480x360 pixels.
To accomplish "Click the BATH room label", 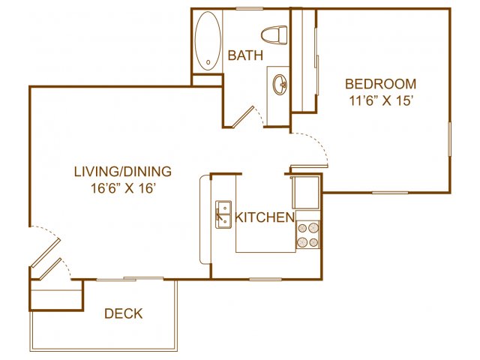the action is (245, 55).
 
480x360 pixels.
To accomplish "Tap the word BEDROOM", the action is (380, 84).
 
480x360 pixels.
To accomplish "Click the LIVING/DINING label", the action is (123, 172).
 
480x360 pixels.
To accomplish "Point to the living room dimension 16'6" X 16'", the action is (121, 188).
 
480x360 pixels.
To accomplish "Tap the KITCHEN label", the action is (265, 217).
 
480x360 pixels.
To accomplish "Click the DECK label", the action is (123, 313).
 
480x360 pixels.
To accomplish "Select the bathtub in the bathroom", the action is (208, 40).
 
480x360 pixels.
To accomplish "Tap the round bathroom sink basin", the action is (280, 84).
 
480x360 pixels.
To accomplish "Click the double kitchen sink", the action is (223, 214).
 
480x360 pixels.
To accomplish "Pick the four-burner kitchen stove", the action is (308, 235).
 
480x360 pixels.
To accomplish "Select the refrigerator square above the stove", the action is (306, 193).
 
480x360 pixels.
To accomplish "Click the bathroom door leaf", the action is (243, 117).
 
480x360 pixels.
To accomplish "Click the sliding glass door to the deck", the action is (130, 278).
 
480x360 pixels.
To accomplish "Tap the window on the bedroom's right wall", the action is (450, 139).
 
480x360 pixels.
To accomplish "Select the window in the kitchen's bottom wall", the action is (265, 279).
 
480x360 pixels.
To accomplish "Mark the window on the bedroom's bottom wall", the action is (390, 193).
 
